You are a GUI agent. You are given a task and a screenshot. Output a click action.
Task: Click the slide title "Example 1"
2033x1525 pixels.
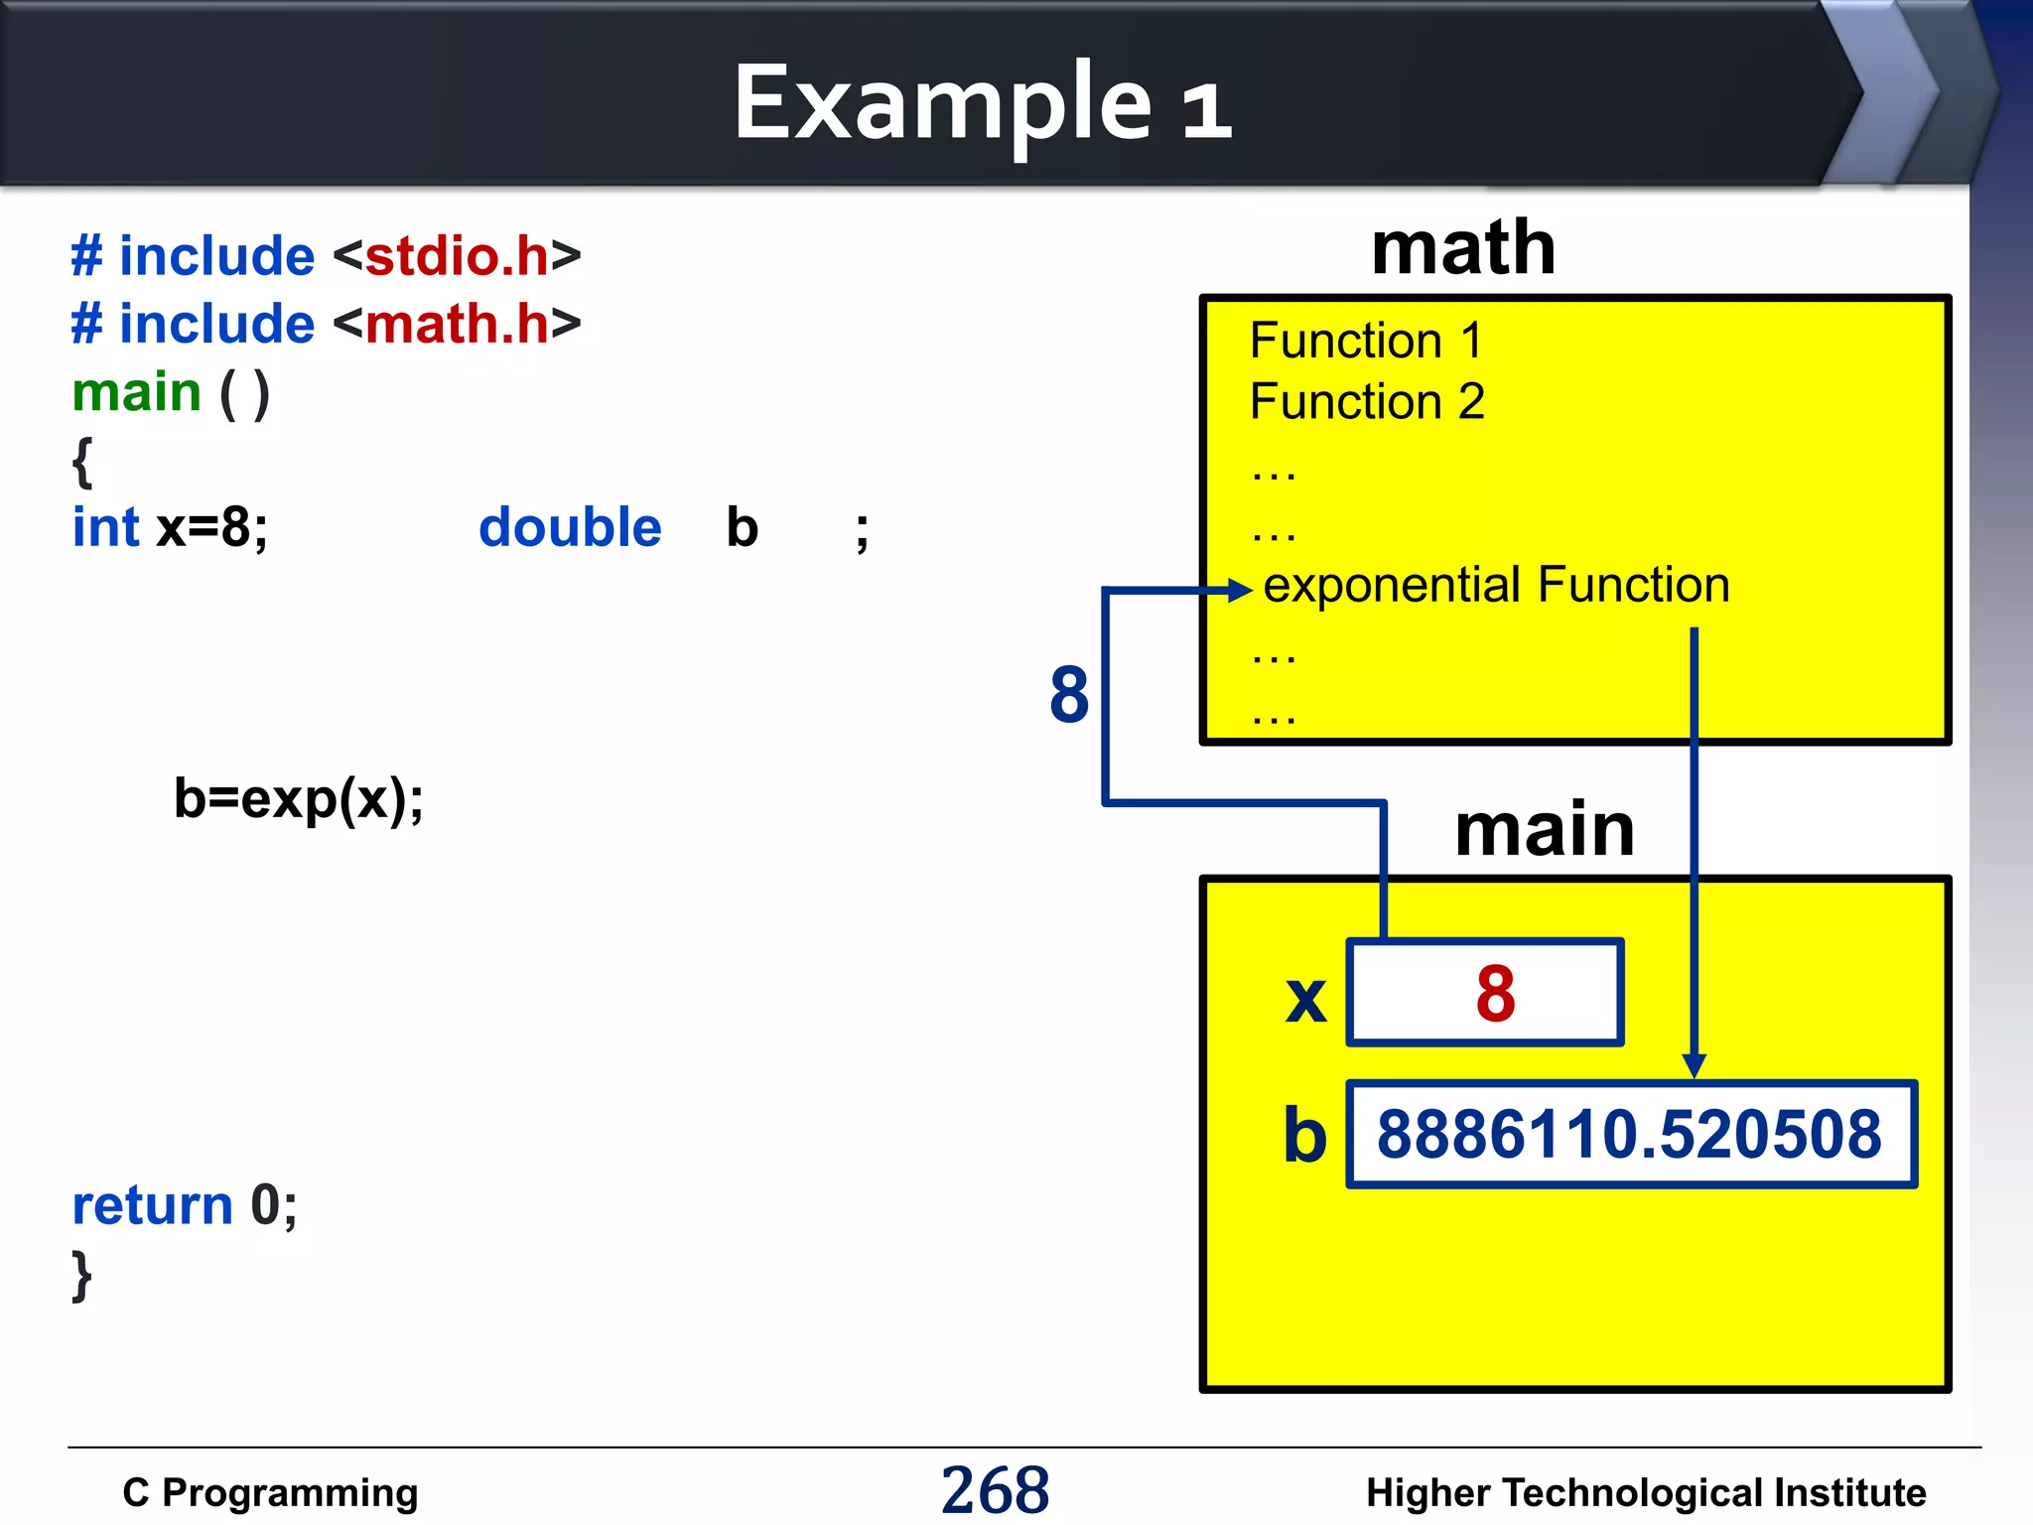[x=982, y=103]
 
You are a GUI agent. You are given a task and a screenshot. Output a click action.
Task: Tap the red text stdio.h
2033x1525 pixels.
[x=457, y=256]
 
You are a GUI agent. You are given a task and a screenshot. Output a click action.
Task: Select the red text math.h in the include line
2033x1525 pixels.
[x=457, y=324]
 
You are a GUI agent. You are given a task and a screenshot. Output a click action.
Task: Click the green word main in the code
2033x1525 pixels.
[x=137, y=392]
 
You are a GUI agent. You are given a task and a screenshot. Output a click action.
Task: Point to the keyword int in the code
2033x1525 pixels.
[x=105, y=527]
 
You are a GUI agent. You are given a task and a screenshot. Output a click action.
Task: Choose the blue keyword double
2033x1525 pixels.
[x=570, y=527]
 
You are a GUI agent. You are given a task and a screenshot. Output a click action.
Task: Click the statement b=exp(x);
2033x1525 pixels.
[x=298, y=798]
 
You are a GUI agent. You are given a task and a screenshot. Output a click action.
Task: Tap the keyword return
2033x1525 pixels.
[x=152, y=1205]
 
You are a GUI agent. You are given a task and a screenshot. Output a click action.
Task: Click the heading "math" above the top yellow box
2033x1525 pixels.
[x=1462, y=248]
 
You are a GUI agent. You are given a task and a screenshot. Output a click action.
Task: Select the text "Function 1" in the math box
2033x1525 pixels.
[x=1366, y=341]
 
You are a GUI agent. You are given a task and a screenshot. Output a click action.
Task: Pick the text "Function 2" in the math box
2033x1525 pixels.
[x=1367, y=402]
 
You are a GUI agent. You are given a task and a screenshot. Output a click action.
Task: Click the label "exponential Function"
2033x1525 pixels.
[x=1496, y=585]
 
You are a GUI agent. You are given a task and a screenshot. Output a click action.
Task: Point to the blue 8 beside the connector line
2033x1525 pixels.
[x=1069, y=694]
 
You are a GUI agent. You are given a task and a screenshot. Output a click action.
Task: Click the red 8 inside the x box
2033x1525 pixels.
[x=1495, y=993]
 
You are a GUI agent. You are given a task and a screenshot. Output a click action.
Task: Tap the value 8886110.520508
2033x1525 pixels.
[x=1629, y=1134]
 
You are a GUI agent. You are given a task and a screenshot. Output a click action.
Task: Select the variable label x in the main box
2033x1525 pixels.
[x=1305, y=998]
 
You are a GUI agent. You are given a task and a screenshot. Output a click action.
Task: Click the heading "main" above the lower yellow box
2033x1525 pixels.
[x=1544, y=830]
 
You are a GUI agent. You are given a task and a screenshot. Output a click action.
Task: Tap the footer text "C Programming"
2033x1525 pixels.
[x=270, y=1492]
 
